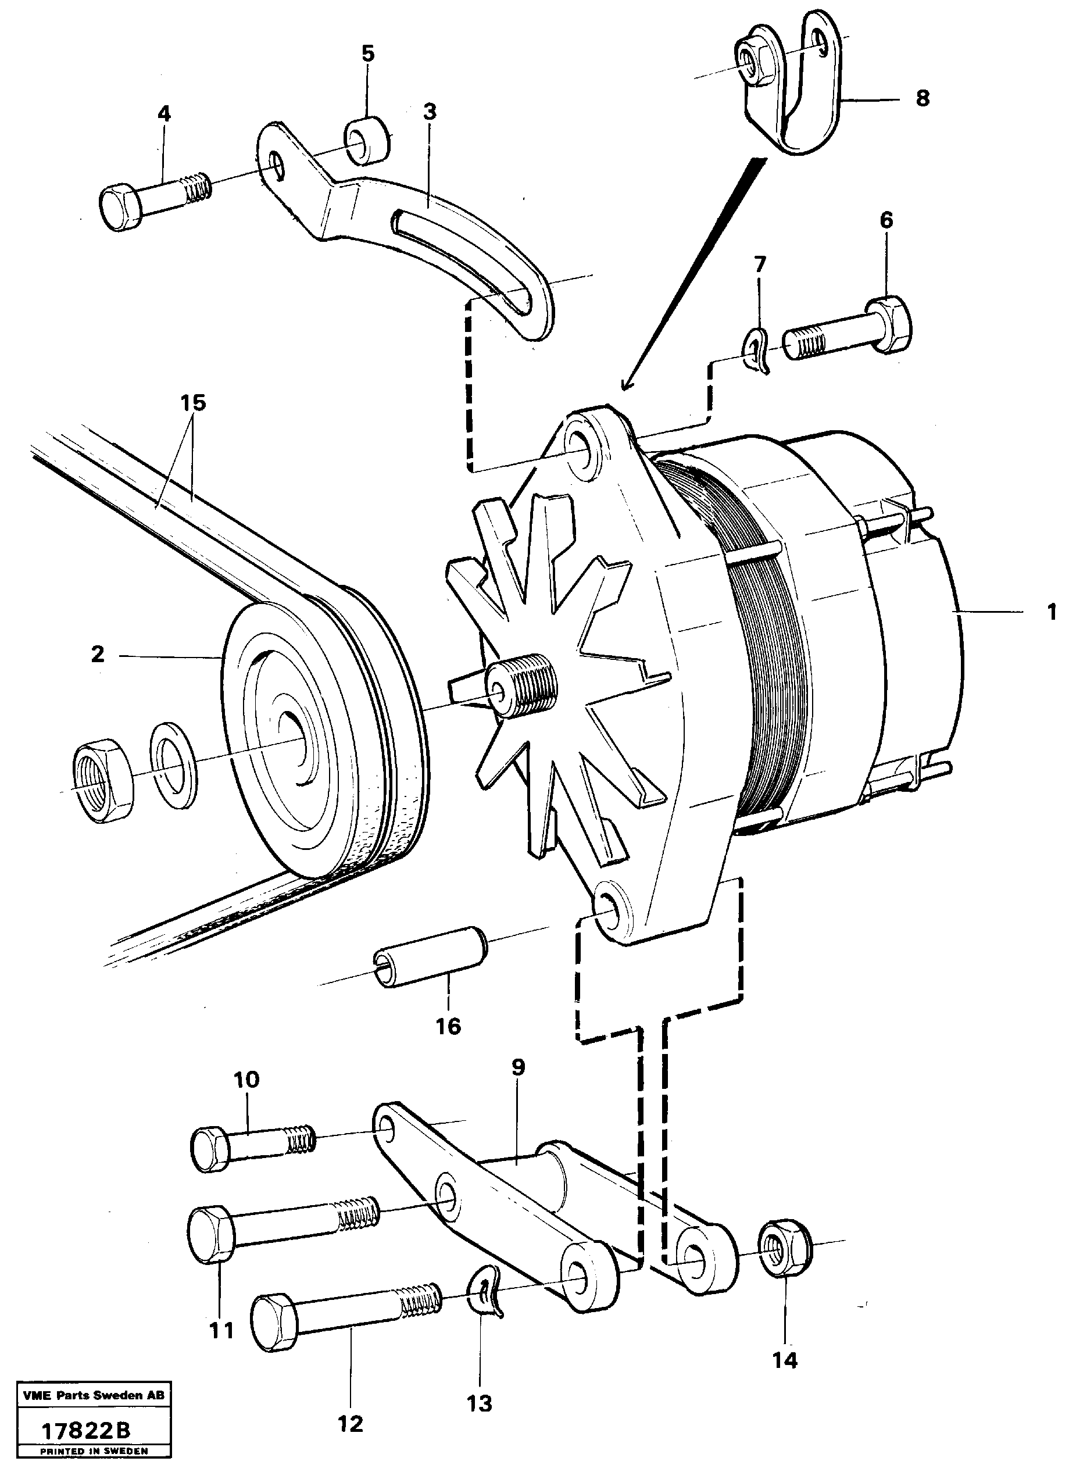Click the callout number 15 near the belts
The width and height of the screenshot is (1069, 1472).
click(x=193, y=403)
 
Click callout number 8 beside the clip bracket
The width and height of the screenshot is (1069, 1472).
click(x=923, y=99)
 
